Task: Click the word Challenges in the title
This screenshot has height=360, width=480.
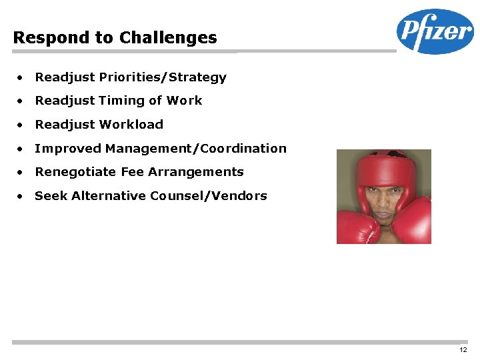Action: point(168,38)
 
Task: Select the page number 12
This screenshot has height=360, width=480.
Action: point(463,350)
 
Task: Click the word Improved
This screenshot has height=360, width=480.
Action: point(68,149)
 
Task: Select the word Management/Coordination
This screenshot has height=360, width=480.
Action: point(196,149)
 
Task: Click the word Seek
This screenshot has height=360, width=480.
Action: point(51,196)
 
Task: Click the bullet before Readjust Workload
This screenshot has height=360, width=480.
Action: point(22,125)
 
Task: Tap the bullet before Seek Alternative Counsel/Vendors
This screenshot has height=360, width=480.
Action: point(22,197)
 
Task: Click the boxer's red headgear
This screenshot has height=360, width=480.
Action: point(383,167)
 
